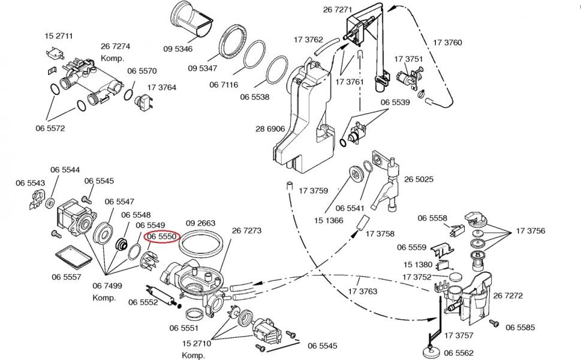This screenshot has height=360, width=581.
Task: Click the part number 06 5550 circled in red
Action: click(162, 237)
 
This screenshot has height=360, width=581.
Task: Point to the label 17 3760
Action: click(447, 43)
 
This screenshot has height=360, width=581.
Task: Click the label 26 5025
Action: click(419, 179)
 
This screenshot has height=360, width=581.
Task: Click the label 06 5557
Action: click(67, 277)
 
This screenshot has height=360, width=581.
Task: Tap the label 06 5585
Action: click(520, 327)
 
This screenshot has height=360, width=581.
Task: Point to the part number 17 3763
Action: click(363, 292)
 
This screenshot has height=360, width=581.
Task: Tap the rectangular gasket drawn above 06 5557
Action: click(73, 257)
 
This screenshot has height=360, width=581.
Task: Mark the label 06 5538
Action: click(255, 97)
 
